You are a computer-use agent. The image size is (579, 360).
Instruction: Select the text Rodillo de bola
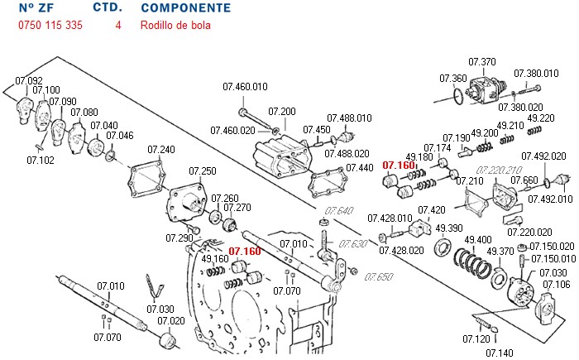(x=175, y=25)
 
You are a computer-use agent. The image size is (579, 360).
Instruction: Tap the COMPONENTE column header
(x=185, y=8)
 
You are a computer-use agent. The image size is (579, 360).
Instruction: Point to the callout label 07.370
(x=481, y=61)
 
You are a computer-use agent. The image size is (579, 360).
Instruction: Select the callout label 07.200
(x=282, y=112)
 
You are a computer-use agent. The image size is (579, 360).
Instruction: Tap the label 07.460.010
(x=245, y=86)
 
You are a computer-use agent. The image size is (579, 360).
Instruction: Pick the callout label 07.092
(x=29, y=80)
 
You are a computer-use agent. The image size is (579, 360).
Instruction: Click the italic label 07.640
(x=338, y=210)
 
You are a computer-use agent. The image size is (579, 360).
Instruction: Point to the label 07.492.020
(x=543, y=156)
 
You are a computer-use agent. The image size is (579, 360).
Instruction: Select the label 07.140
(x=499, y=353)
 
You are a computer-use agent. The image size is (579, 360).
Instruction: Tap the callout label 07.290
(x=179, y=238)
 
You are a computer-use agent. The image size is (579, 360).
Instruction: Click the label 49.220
(x=540, y=118)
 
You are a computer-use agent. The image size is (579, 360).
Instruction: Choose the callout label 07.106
(x=556, y=285)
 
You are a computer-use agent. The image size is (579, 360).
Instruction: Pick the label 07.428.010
(x=390, y=218)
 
